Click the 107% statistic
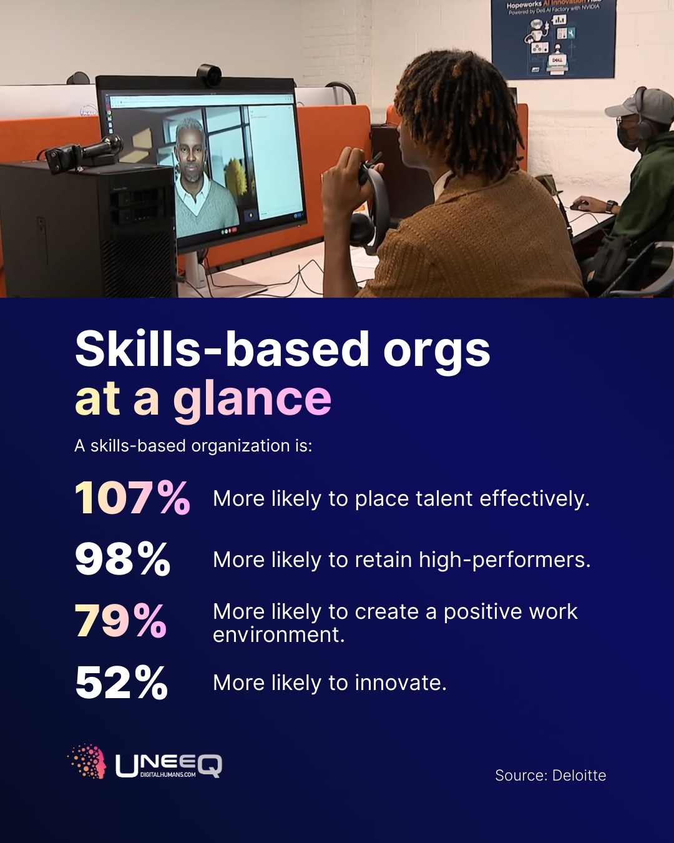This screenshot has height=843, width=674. point(132,498)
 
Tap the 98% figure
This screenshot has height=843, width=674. point(122,559)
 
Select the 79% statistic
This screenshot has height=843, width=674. point(121,621)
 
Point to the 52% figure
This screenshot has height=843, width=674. point(122,683)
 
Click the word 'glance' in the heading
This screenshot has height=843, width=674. point(252,399)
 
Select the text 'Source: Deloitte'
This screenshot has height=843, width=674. point(550,775)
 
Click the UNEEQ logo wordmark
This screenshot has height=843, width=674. point(168,765)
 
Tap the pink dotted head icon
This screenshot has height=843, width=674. point(87,761)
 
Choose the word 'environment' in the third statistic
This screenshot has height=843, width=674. point(278,634)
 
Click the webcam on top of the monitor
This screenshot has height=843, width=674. point(208,76)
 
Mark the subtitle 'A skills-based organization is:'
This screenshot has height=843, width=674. point(193,446)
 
